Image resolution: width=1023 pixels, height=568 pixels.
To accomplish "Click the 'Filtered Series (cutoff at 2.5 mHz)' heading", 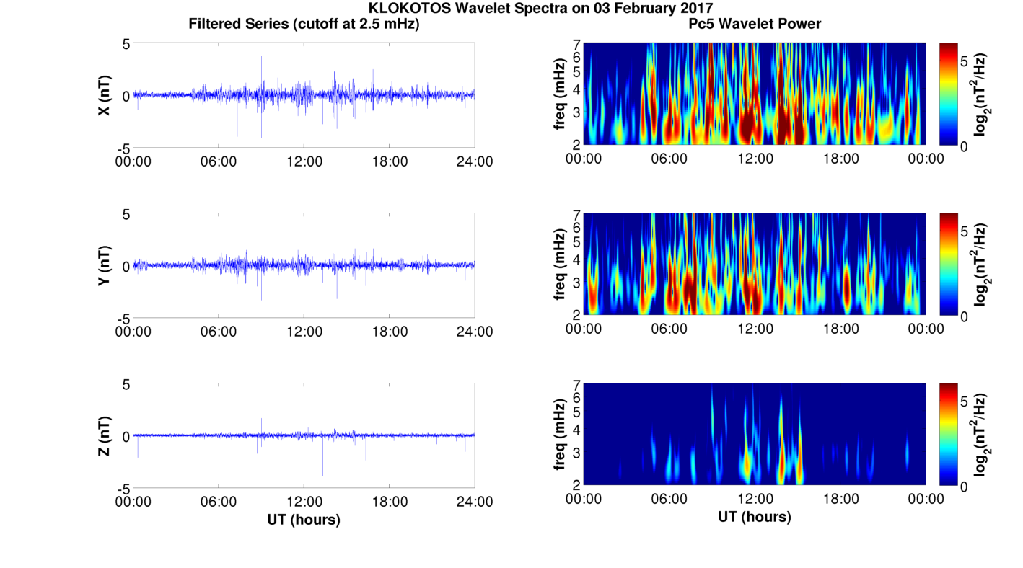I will pos(304,24).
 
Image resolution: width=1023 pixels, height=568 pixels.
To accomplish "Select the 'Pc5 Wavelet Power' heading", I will pos(754,24).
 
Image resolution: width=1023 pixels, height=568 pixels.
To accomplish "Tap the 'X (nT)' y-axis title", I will pos(105,95).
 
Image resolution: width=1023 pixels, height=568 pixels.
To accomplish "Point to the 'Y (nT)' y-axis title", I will pos(105,266).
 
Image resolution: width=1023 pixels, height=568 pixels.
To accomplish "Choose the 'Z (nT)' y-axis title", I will pos(105,436).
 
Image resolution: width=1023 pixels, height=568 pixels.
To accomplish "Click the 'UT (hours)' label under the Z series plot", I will pos(304,519).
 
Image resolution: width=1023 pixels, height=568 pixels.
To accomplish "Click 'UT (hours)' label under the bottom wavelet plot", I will pos(754,517).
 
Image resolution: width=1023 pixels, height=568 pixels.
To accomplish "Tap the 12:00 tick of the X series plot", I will pos(304,161).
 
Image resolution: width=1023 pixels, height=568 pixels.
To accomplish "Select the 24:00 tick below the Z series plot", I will pos(475,502).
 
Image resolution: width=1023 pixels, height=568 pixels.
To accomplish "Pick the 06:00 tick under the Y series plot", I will pos(219,332).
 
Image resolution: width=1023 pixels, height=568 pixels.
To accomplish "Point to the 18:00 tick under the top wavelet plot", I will pos(840,159).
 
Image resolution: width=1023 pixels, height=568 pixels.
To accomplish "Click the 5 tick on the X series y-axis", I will pos(126,43).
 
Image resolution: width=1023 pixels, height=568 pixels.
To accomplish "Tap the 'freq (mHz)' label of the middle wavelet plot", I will pos(560,265).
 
